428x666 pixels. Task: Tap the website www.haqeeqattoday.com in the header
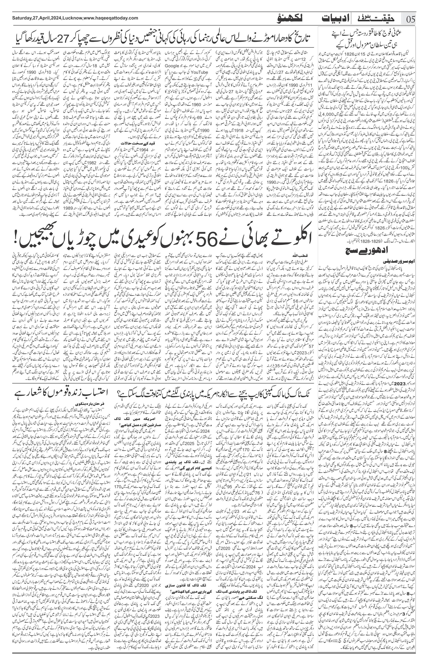pyautogui.click(x=111, y=18)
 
